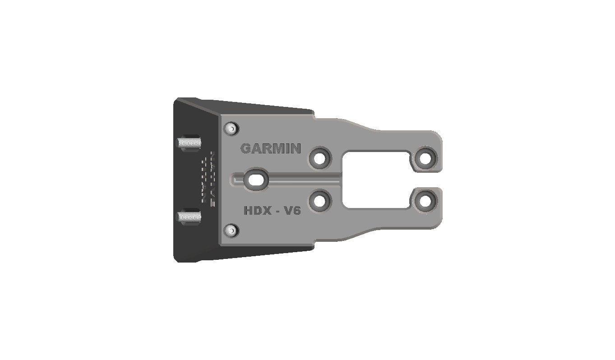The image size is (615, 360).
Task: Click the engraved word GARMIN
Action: coord(270,148)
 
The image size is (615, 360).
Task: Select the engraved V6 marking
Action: coord(291,210)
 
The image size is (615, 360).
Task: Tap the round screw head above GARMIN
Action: coord(231,128)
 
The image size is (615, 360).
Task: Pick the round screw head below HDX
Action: coord(232,231)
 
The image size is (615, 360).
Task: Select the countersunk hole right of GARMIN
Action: coord(320,158)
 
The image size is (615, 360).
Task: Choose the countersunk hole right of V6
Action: coord(320,201)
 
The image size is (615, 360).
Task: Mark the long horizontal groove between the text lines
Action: coord(302,180)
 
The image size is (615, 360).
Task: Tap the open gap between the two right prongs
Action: coord(429,180)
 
